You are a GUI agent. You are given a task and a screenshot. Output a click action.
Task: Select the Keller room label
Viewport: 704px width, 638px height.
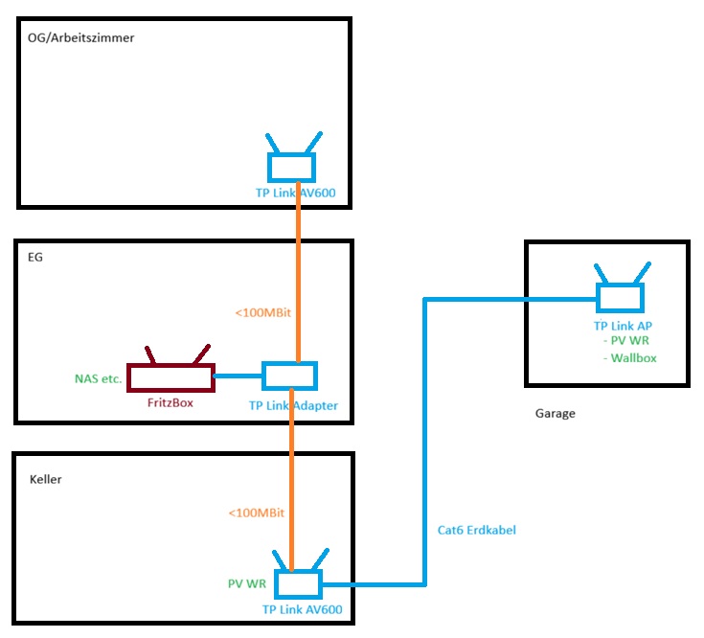[46, 479]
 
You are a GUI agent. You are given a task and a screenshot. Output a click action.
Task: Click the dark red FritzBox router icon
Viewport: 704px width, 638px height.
[170, 376]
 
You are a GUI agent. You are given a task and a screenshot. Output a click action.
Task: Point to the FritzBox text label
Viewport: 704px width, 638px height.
[170, 402]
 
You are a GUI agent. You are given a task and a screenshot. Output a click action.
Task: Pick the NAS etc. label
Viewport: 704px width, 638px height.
[98, 378]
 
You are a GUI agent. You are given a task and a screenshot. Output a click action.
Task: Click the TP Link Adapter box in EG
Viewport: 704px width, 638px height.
[289, 376]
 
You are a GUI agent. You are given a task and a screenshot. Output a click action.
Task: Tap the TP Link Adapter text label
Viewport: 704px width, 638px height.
[293, 405]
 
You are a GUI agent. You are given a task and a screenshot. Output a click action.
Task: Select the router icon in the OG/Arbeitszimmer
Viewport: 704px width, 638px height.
[290, 165]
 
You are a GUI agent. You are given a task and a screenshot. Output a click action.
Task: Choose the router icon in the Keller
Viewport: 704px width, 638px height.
[301, 581]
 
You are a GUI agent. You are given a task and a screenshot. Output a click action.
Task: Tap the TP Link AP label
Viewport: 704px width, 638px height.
[623, 327]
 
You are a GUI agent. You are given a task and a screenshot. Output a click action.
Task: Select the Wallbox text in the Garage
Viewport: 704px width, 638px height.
[633, 357]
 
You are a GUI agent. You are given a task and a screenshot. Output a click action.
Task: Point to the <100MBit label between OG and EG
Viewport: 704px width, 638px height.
[263, 312]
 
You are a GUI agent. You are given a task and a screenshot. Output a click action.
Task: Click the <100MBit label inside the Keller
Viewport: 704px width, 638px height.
[256, 513]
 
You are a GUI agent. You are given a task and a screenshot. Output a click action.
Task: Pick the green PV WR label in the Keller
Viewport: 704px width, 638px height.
[241, 581]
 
